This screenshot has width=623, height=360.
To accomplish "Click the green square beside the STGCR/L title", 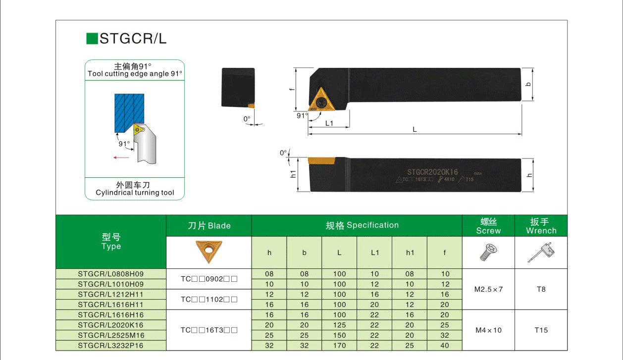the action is [92, 39].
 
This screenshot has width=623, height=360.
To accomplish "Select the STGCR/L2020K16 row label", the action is [111, 325].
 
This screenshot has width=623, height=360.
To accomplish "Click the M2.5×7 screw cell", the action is [488, 289].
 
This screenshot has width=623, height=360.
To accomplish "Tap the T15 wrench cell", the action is [541, 330].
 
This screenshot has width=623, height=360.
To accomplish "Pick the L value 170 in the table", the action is [339, 346].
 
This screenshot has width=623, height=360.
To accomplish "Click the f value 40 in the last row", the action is [444, 346].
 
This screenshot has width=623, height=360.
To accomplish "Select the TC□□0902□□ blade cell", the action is [209, 279].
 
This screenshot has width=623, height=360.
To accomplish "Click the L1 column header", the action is [374, 253].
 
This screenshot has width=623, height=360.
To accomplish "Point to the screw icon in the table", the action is [488, 252].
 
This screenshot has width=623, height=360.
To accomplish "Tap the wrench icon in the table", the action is [541, 252].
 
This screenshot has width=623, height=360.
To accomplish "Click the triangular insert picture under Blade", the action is [209, 252].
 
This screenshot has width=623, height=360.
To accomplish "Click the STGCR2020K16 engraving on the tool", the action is [432, 172].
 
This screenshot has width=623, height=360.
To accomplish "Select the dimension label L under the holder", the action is [415, 129].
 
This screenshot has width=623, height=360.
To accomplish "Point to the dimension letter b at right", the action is [528, 84].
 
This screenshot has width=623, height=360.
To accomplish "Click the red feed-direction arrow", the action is [121, 157].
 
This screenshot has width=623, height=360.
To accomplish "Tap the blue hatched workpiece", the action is [129, 113].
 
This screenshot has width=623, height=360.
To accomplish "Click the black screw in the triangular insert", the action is [322, 103].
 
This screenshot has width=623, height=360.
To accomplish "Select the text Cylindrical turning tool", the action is [135, 193].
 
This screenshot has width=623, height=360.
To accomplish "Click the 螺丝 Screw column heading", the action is [488, 226].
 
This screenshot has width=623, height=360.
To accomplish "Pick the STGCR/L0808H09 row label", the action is [111, 274].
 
